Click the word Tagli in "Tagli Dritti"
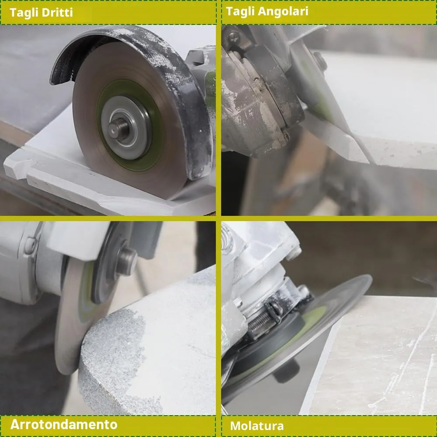[x=24, y=13]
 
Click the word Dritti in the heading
[x=57, y=12]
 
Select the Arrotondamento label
[x=64, y=424]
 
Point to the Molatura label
[x=257, y=426]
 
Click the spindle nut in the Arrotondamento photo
[x=126, y=262]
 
